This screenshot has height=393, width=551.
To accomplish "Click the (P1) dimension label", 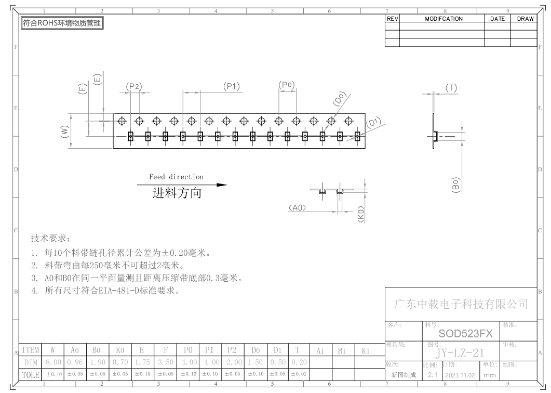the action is [232, 86].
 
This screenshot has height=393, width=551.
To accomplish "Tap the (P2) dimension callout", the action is [133, 86].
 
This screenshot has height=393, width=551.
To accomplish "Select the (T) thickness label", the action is [451, 88].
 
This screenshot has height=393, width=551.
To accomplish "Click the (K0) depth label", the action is [361, 214].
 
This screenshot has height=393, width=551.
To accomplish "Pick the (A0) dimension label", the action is [297, 208].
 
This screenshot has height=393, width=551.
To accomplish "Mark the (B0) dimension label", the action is [455, 185].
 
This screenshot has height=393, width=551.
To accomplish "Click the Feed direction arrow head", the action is [222, 185].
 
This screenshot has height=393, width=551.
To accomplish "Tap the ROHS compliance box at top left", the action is [62, 23].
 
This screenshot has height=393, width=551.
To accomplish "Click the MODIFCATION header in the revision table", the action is [444, 19].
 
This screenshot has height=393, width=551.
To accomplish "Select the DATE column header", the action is [497, 19].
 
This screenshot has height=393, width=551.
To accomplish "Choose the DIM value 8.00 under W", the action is [52, 362].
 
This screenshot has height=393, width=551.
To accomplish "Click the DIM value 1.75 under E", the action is [142, 362].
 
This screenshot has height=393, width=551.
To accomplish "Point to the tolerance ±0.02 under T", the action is [299, 374].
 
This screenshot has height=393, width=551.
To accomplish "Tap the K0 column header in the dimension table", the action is [120, 350].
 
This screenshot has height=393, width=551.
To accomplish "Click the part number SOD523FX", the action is [465, 334].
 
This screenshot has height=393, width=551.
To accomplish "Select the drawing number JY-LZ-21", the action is [460, 353].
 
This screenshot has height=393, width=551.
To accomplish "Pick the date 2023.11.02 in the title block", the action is [460, 375].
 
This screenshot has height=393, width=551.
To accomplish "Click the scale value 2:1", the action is [433, 375].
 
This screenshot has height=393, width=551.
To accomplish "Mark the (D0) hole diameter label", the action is [340, 99].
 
